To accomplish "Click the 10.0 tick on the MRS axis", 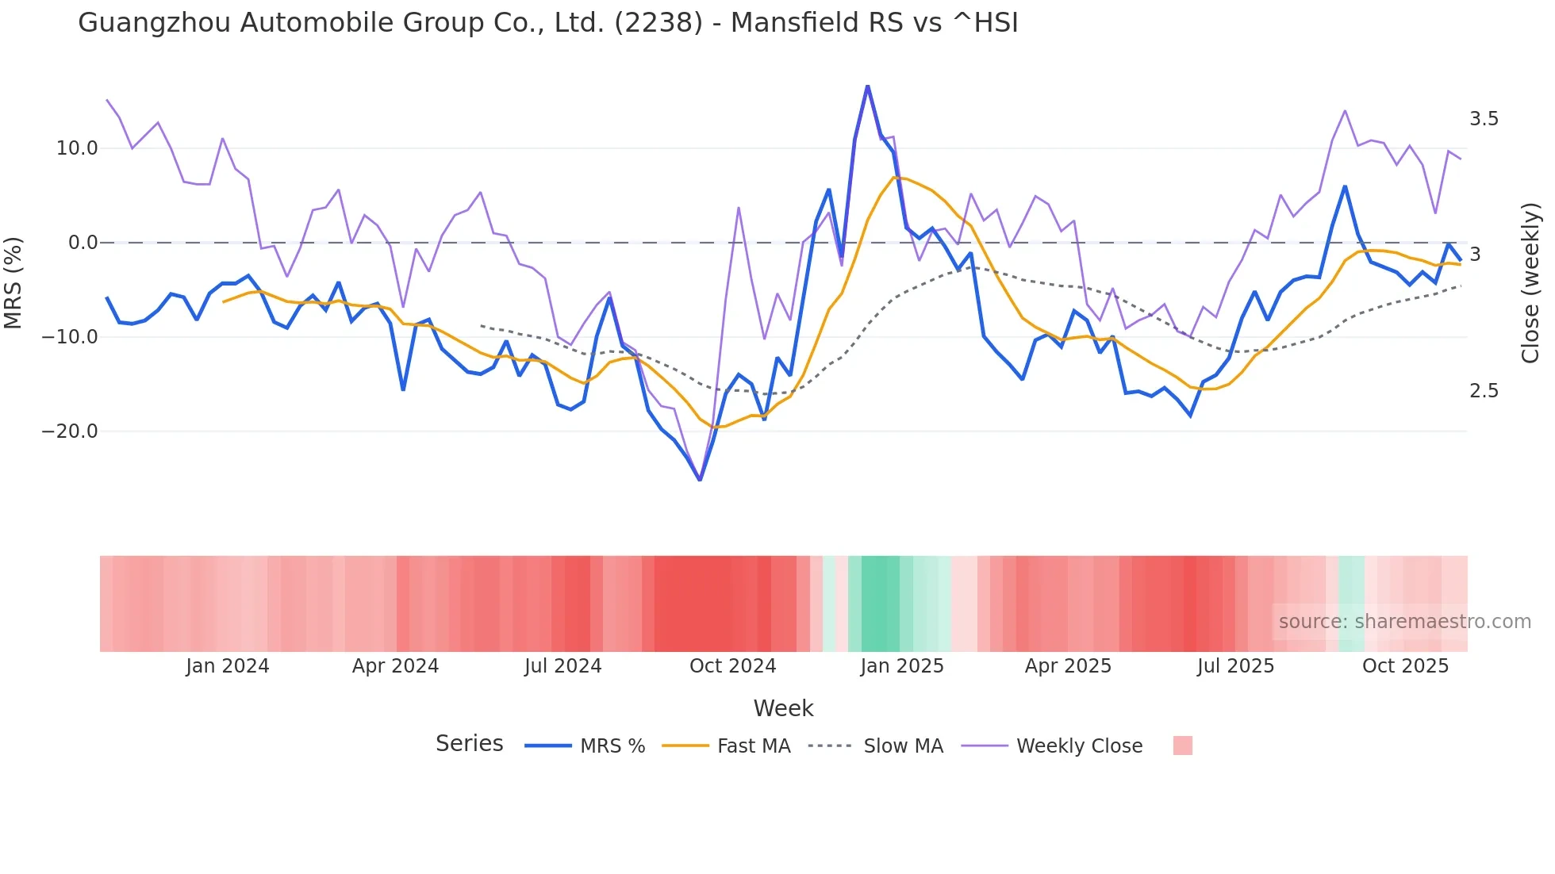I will tap(76, 148).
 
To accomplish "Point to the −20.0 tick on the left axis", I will tap(70, 431).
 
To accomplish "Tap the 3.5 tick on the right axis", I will tap(1484, 119).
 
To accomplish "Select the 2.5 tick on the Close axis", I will tap(1484, 391).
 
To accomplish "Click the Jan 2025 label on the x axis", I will tap(902, 666).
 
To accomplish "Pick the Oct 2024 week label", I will tap(732, 666).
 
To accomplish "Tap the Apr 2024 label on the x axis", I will tap(395, 666).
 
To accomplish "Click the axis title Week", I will tap(783, 708).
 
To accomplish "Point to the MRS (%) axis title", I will tap(13, 283).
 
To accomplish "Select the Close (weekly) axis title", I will tap(1530, 283).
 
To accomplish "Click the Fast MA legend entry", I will tap(753, 746).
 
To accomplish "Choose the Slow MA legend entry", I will tap(903, 746).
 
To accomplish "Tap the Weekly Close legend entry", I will tap(1079, 746).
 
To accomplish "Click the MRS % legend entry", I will tap(612, 746).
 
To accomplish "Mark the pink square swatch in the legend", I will tap(1182, 746).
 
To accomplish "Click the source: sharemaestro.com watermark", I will tap(1404, 622).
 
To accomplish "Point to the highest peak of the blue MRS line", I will tap(868, 86).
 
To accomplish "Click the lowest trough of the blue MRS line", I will tap(700, 480).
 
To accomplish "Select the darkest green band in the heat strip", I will tap(880, 604).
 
